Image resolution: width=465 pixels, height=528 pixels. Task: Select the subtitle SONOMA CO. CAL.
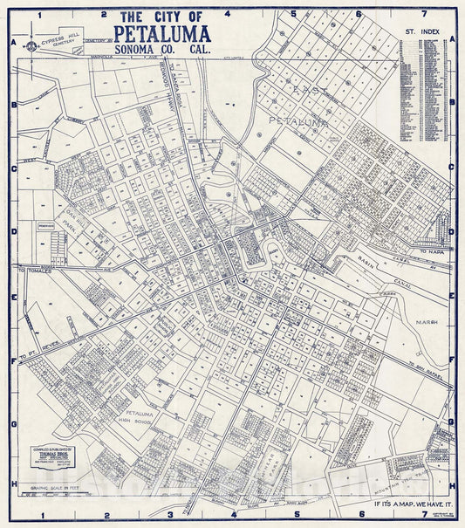pos(161,52)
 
